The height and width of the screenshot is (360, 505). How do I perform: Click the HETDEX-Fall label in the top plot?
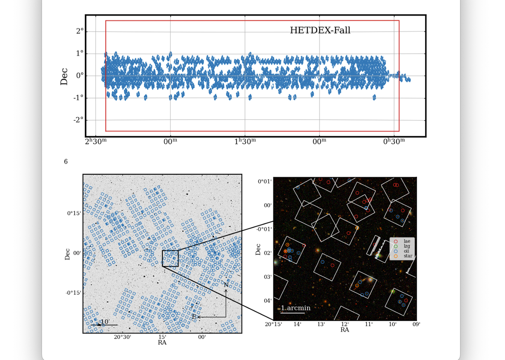click(320, 30)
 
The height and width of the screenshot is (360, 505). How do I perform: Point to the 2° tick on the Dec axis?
click(80, 31)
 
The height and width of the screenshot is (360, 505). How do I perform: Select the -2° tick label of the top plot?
click(78, 120)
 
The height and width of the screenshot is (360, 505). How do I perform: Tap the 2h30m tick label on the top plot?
click(96, 142)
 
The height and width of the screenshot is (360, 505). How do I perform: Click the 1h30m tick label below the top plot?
click(245, 142)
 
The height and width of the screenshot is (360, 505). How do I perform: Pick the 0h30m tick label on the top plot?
click(394, 142)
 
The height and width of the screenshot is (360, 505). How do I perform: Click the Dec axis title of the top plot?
click(64, 77)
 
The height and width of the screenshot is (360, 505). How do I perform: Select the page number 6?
click(66, 161)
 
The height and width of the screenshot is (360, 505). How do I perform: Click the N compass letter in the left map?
click(226, 285)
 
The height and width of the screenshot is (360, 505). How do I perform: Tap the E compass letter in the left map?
click(194, 317)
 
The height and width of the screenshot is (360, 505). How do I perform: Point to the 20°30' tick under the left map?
click(123, 337)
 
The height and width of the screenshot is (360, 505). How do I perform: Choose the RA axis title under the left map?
click(162, 343)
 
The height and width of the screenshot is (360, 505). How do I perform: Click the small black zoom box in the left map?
click(170, 258)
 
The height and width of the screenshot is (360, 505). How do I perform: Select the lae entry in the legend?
click(407, 241)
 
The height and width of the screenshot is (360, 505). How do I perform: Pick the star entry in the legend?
click(408, 256)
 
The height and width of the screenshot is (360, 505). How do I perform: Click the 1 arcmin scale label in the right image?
click(296, 308)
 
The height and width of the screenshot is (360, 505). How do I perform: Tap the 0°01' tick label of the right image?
click(265, 181)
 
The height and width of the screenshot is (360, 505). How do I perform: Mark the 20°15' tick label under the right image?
click(273, 324)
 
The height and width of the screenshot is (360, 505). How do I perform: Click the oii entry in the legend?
click(406, 251)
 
